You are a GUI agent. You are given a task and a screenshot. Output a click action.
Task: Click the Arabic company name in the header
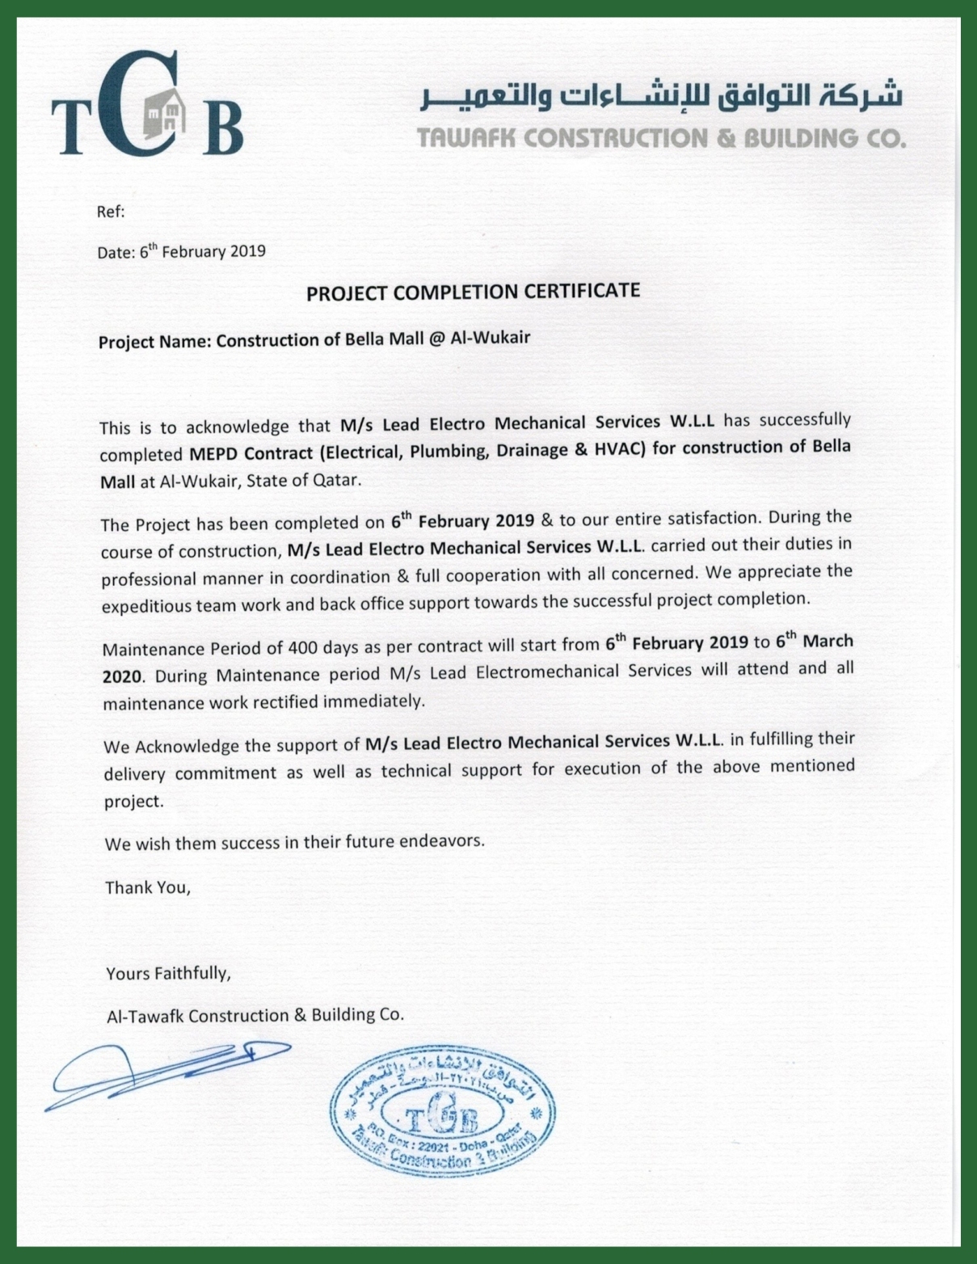point(660,96)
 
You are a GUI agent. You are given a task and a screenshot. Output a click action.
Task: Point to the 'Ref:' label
point(111,212)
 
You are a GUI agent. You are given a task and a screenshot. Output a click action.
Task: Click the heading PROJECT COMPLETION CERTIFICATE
point(473,292)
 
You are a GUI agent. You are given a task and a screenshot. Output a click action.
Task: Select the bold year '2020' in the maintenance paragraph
point(122,676)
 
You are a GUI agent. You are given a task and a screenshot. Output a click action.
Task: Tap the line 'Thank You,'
point(148,887)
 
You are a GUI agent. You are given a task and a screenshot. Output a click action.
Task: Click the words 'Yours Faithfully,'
point(168,973)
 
